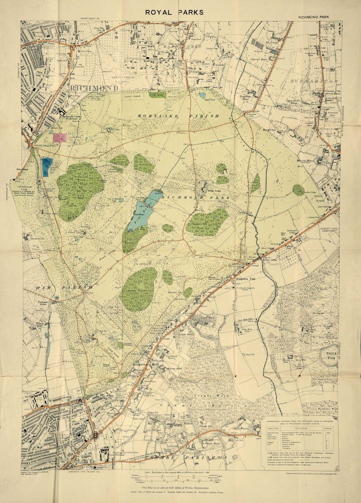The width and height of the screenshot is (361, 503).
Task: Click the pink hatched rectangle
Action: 60,137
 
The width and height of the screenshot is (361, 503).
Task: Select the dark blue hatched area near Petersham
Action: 47,166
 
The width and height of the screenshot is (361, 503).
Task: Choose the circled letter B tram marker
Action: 95,435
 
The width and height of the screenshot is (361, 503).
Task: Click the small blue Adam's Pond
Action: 202,95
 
